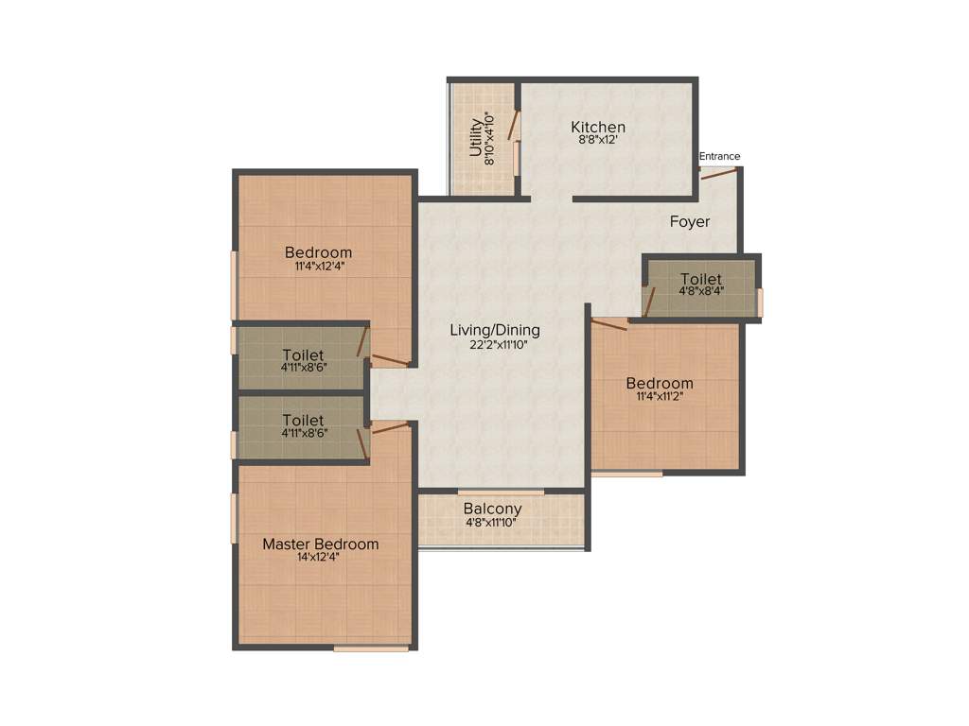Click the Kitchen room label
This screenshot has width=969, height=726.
click(598, 127)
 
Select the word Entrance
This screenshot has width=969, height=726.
click(719, 156)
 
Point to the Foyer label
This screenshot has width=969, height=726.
click(690, 221)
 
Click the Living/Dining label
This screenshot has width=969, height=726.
click(495, 330)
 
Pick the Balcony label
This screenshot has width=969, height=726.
click(492, 509)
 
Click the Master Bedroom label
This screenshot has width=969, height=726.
click(320, 544)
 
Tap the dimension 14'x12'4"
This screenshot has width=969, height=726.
click(318, 558)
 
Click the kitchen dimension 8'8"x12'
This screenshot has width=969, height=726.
click(598, 141)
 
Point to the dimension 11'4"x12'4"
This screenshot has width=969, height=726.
click(319, 267)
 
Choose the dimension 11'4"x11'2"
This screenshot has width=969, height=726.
click(660, 397)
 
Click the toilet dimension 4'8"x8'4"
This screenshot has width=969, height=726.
click(701, 292)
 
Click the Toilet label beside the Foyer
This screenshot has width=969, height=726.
click(701, 279)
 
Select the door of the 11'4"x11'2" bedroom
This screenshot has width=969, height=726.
click(608, 324)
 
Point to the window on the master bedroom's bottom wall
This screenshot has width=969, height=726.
click(371, 648)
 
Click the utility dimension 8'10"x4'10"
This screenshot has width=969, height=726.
click(489, 140)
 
